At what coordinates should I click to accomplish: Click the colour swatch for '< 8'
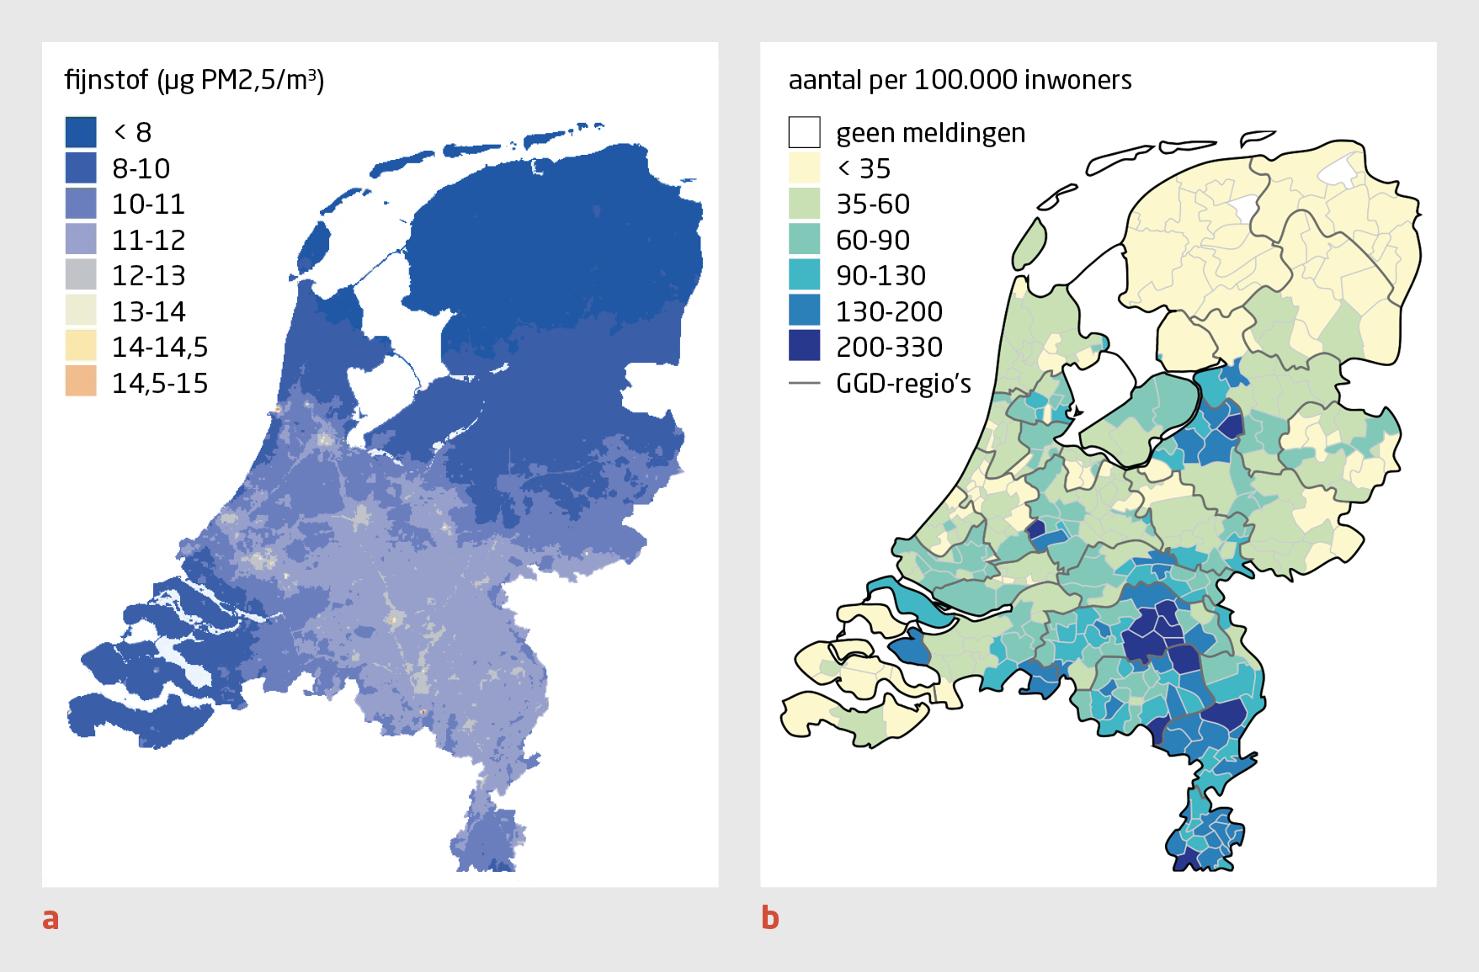[81, 132]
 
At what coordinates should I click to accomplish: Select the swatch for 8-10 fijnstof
[81, 168]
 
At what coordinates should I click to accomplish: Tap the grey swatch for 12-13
[81, 275]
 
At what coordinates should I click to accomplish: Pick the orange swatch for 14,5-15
[81, 382]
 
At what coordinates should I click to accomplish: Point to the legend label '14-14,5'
[160, 348]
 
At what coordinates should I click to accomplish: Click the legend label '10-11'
[148, 204]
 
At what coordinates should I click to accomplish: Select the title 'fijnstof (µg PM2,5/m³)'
[194, 80]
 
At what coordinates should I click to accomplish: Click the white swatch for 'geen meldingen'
[804, 132]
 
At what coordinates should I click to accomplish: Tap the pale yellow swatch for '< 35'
[804, 168]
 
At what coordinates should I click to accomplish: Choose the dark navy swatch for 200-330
[804, 347]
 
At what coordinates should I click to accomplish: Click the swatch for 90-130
[804, 275]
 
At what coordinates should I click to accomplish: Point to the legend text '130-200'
[889, 312]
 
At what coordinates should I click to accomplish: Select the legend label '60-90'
[873, 241]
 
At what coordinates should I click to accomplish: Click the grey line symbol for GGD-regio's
[804, 384]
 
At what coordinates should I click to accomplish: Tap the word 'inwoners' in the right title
[1079, 80]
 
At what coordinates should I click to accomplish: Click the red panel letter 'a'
[51, 918]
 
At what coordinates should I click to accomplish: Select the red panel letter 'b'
[769, 917]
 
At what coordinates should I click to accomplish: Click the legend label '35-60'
[873, 204]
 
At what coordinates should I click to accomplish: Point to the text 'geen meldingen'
[930, 133]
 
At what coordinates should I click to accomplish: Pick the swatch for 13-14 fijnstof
[81, 311]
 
